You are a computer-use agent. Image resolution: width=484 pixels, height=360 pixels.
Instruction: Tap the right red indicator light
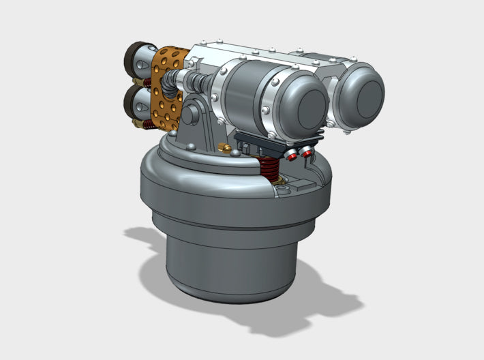point(307,153)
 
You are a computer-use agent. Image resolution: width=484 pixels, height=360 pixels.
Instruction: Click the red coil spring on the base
point(269,168)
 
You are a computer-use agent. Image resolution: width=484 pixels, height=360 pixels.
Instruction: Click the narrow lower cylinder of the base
point(232,266)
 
